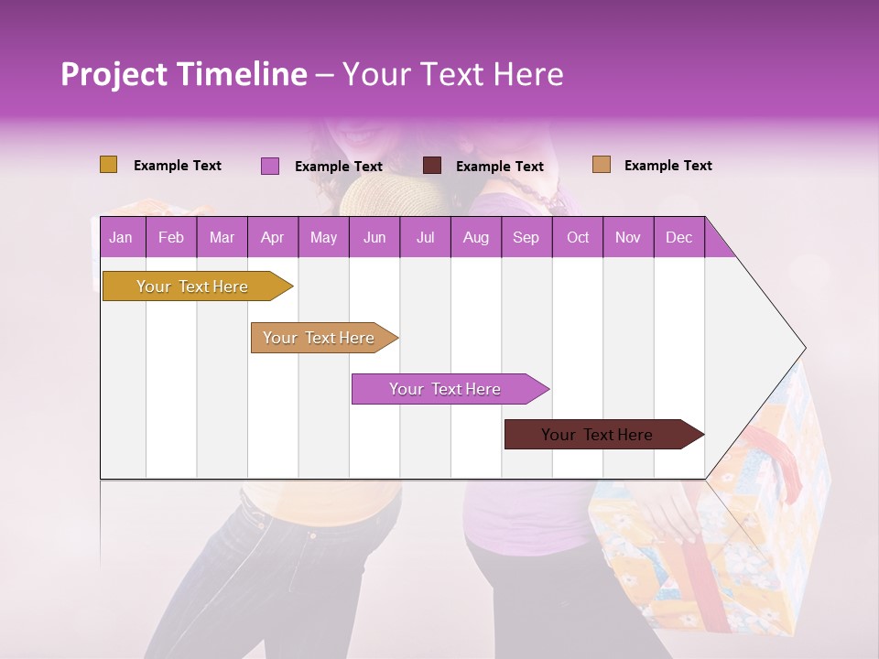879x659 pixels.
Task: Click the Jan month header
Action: [121, 238]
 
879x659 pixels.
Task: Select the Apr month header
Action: [272, 238]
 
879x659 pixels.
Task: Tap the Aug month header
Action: [475, 238]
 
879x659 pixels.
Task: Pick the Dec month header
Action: [678, 238]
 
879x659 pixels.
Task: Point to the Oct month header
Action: [578, 238]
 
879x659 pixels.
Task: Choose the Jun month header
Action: [374, 238]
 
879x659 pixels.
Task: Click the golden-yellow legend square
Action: [108, 165]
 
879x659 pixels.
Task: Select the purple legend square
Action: [269, 166]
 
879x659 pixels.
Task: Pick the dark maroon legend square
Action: [432, 166]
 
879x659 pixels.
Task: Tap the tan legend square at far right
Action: [601, 165]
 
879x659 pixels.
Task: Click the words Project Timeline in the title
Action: [183, 74]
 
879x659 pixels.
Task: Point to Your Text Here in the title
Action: [452, 74]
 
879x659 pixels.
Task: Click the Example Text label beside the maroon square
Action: [499, 167]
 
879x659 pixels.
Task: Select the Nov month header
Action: [628, 238]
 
